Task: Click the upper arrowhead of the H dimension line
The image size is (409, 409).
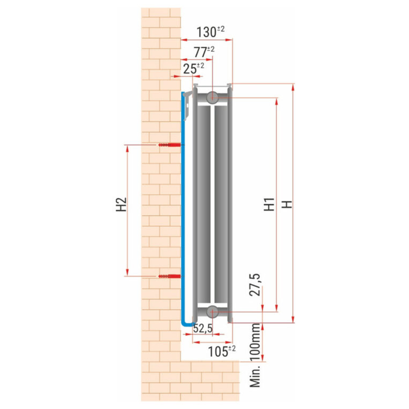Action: (x=293, y=87)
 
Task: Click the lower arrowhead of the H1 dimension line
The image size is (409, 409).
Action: (x=276, y=308)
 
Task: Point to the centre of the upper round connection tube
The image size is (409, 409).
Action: (x=212, y=98)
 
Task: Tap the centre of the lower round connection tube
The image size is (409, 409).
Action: (x=212, y=311)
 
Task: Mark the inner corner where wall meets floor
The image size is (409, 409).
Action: (x=181, y=361)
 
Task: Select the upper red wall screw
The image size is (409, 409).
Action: (x=169, y=145)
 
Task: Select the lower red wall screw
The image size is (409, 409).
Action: (x=169, y=276)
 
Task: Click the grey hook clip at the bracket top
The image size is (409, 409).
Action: (x=188, y=106)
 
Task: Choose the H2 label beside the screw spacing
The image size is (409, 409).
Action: (x=121, y=204)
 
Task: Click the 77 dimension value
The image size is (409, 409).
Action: (x=200, y=52)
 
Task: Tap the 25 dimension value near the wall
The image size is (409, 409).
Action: (x=190, y=69)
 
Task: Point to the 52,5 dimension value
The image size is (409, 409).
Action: (x=203, y=329)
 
